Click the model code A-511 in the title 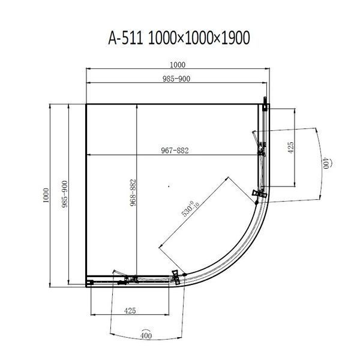pyautogui.click(x=126, y=38)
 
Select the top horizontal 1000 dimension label pyautogui.click(x=178, y=65)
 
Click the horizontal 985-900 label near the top pyautogui.click(x=176, y=79)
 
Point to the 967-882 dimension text pyautogui.click(x=175, y=151)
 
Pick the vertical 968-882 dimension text pyautogui.click(x=133, y=193)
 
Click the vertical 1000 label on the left pyautogui.click(x=46, y=195)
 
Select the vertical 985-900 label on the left pyautogui.click(x=65, y=194)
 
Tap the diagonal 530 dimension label pyautogui.click(x=190, y=208)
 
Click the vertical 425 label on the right pyautogui.click(x=290, y=148)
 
